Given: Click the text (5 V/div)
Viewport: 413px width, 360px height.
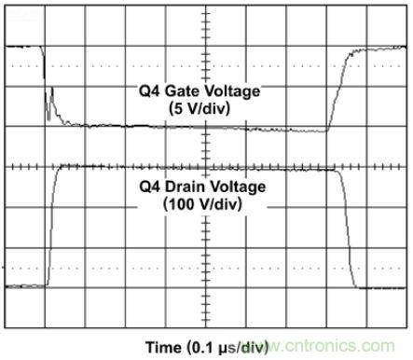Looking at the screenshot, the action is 200,108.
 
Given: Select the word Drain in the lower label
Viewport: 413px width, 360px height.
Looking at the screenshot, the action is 185,187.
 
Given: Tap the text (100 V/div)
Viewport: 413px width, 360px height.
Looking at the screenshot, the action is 202,204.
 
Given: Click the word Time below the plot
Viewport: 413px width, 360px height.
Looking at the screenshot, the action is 164,347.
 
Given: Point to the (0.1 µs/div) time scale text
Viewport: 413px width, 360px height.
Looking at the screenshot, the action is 227,348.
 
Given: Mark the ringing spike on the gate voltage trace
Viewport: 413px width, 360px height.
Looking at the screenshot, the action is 49,104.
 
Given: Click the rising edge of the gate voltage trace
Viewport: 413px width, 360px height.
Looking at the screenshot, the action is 338,90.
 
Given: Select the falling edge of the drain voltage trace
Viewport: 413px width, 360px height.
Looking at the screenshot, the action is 347,228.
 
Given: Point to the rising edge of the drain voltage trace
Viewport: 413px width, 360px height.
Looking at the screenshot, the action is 52,226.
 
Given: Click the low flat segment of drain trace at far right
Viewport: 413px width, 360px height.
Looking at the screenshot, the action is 382,288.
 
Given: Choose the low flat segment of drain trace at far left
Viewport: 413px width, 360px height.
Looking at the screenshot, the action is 25,286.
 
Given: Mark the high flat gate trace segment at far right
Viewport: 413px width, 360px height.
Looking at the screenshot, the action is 379,48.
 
